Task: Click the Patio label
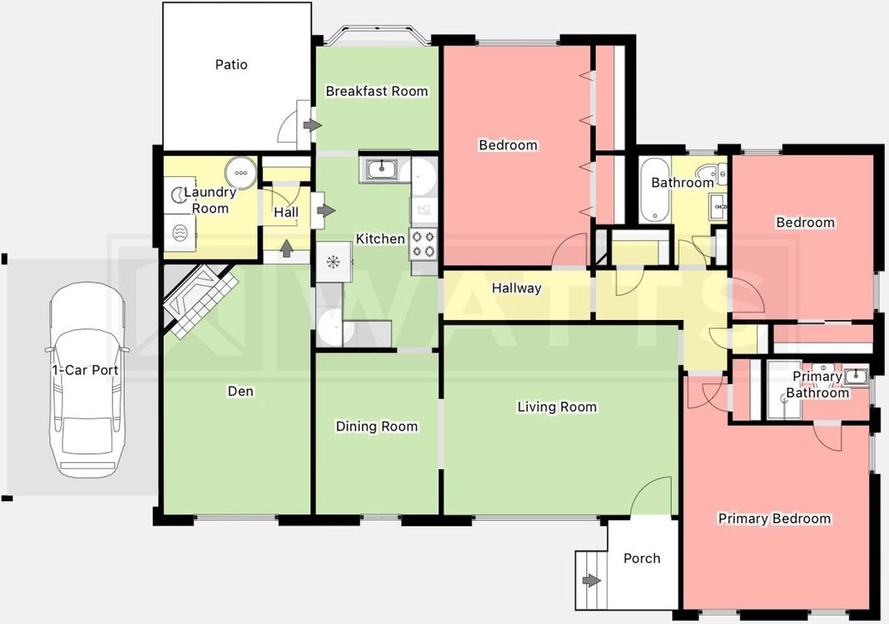point(231,65)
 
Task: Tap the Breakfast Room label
point(376,91)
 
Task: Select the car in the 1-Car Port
point(88,380)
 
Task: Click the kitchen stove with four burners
point(423,244)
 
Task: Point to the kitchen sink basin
point(381,168)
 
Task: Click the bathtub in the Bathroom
point(655,190)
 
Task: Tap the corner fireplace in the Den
point(199,299)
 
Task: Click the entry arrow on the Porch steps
point(591,581)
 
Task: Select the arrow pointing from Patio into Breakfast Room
point(313,126)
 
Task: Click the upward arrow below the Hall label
point(287,248)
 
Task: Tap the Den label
point(240,391)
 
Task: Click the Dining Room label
point(376,426)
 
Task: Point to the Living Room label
point(557,407)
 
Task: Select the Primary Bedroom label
point(774,518)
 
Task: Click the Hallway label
point(516,288)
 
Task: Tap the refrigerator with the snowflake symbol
point(334,262)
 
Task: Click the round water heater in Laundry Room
point(241,173)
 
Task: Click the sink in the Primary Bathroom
point(855,376)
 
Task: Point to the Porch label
point(642,559)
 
